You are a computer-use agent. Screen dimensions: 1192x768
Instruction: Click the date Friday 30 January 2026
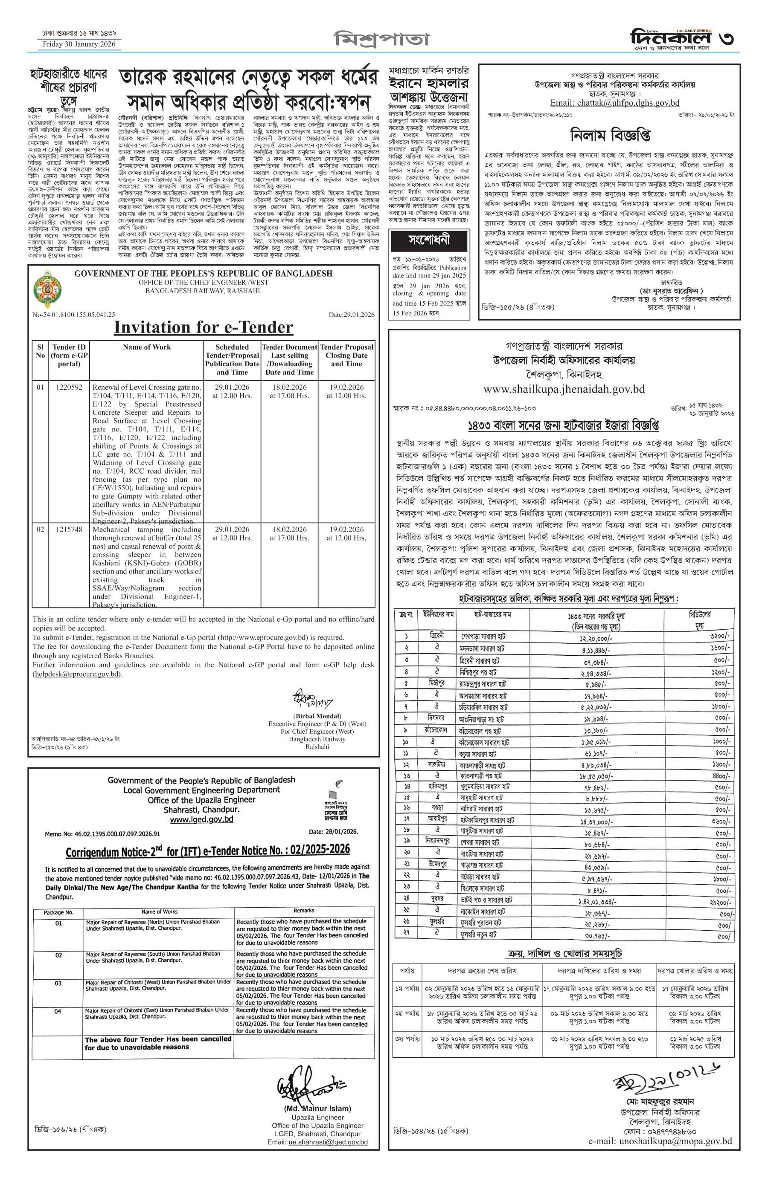tap(79, 44)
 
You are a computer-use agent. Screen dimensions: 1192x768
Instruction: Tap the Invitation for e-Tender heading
tap(204, 327)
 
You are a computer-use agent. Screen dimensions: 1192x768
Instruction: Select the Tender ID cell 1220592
tap(69, 387)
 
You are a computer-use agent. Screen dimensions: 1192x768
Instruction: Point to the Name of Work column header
tap(147, 347)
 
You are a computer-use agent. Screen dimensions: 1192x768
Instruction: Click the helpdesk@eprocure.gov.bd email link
tap(77, 674)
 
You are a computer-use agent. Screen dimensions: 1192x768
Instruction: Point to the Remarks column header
tap(304, 911)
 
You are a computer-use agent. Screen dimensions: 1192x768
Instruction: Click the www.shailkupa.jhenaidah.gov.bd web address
tap(564, 389)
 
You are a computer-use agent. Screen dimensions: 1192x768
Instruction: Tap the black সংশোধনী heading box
tap(429, 240)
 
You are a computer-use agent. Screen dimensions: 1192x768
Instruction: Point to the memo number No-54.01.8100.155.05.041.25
tap(74, 315)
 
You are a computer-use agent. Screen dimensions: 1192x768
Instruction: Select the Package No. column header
tap(58, 912)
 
